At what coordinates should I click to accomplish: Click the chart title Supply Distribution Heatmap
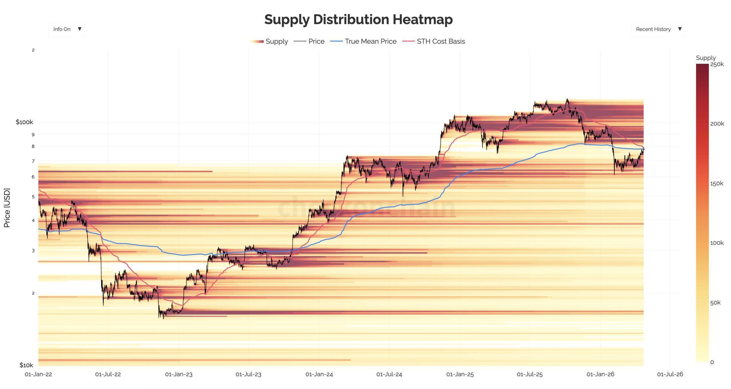[x=358, y=19]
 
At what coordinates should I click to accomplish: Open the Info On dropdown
[x=66, y=29]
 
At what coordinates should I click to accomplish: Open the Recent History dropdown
[x=657, y=29]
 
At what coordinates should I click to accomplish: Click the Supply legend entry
[x=270, y=41]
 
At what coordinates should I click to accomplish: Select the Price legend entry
[x=309, y=41]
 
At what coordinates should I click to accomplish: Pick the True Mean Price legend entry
[x=364, y=41]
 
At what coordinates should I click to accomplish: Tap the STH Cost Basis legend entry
[x=434, y=41]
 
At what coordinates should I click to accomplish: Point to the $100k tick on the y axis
[x=24, y=122]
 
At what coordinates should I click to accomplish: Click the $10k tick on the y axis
[x=26, y=365]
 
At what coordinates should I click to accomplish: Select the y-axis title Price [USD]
[x=7, y=208]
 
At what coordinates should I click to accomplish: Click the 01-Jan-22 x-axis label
[x=38, y=374]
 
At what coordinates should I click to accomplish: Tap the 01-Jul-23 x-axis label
[x=248, y=374]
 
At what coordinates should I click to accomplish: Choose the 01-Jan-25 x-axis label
[x=460, y=374]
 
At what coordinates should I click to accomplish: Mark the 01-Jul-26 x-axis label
[x=670, y=374]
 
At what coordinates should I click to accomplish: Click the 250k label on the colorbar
[x=717, y=64]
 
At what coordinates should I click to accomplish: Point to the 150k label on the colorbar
[x=717, y=183]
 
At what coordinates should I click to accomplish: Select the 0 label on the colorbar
[x=712, y=362]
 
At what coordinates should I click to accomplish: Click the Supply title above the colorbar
[x=706, y=58]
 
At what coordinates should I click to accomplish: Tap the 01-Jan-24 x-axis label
[x=319, y=374]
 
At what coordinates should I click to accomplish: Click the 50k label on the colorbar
[x=715, y=303]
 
